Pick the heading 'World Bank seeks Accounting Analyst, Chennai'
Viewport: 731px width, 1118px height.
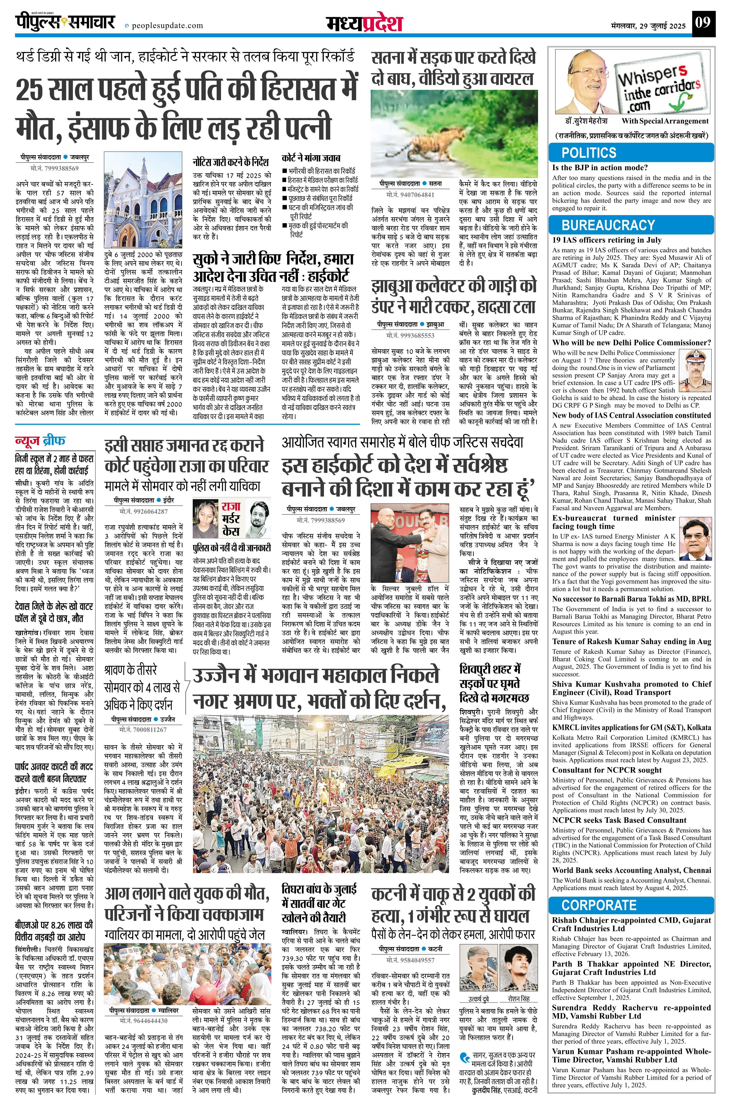[x=631, y=870]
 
